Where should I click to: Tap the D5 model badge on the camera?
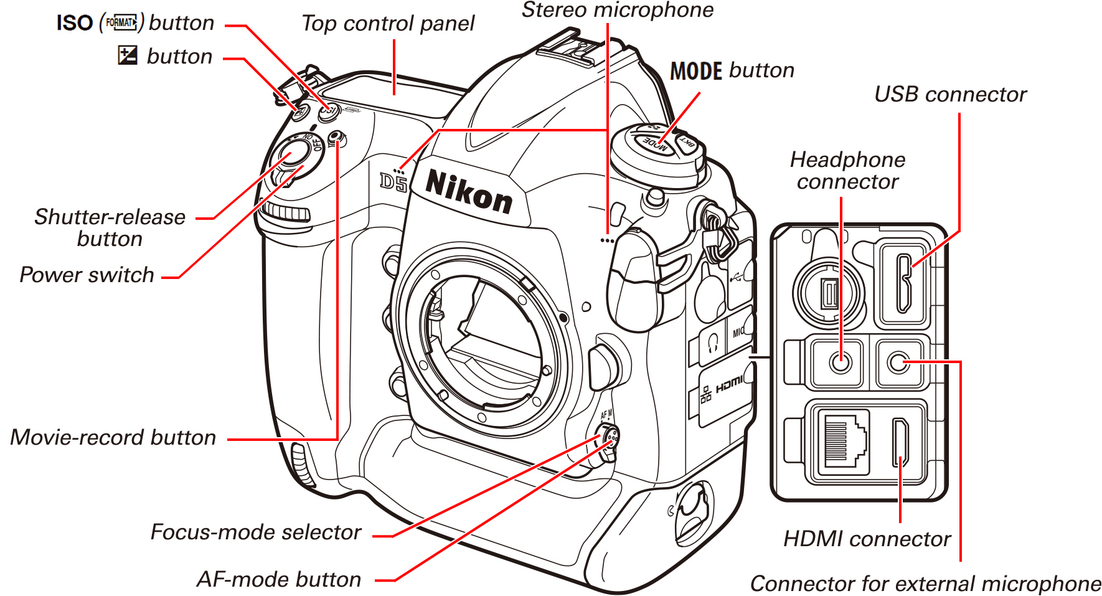[x=393, y=182]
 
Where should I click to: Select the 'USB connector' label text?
[x=950, y=95]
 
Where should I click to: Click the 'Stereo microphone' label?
[x=617, y=11]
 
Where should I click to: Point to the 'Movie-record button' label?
[x=113, y=438]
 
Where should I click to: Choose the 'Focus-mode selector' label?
[x=256, y=532]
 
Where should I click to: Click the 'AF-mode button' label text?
[x=279, y=580]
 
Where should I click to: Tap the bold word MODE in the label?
[x=695, y=71]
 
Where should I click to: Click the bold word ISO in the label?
[x=74, y=23]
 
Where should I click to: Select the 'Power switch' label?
[x=87, y=275]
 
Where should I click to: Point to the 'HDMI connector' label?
[x=867, y=539]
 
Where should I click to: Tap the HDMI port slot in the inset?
[x=900, y=443]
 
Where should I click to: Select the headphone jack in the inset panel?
[x=841, y=361]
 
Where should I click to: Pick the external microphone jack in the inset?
[x=898, y=362]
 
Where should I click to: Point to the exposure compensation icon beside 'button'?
[x=127, y=55]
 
